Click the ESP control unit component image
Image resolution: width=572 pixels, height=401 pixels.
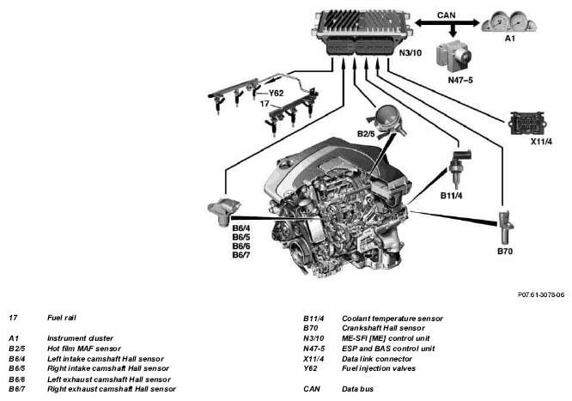point(454,56)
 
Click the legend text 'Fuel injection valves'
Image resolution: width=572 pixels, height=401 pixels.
point(378,368)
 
